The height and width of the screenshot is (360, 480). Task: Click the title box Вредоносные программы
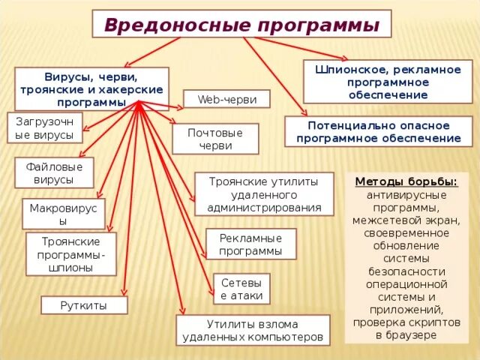click(241, 24)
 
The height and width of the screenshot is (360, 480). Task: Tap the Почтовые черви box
click(215, 139)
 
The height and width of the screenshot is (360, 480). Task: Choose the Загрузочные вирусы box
click(44, 127)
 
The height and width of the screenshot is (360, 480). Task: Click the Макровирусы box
click(64, 214)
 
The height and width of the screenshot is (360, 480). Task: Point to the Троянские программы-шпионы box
click(71, 253)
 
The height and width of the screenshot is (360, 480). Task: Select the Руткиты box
click(84, 305)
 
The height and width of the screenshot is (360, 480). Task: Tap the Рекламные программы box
click(250, 244)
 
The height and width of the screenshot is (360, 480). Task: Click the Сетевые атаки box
click(241, 289)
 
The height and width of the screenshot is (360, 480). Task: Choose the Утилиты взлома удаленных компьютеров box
click(253, 331)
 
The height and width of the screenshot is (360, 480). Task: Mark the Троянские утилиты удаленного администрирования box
click(263, 194)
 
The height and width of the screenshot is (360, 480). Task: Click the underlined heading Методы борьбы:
click(405, 181)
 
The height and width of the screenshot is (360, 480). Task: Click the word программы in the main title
click(317, 25)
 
